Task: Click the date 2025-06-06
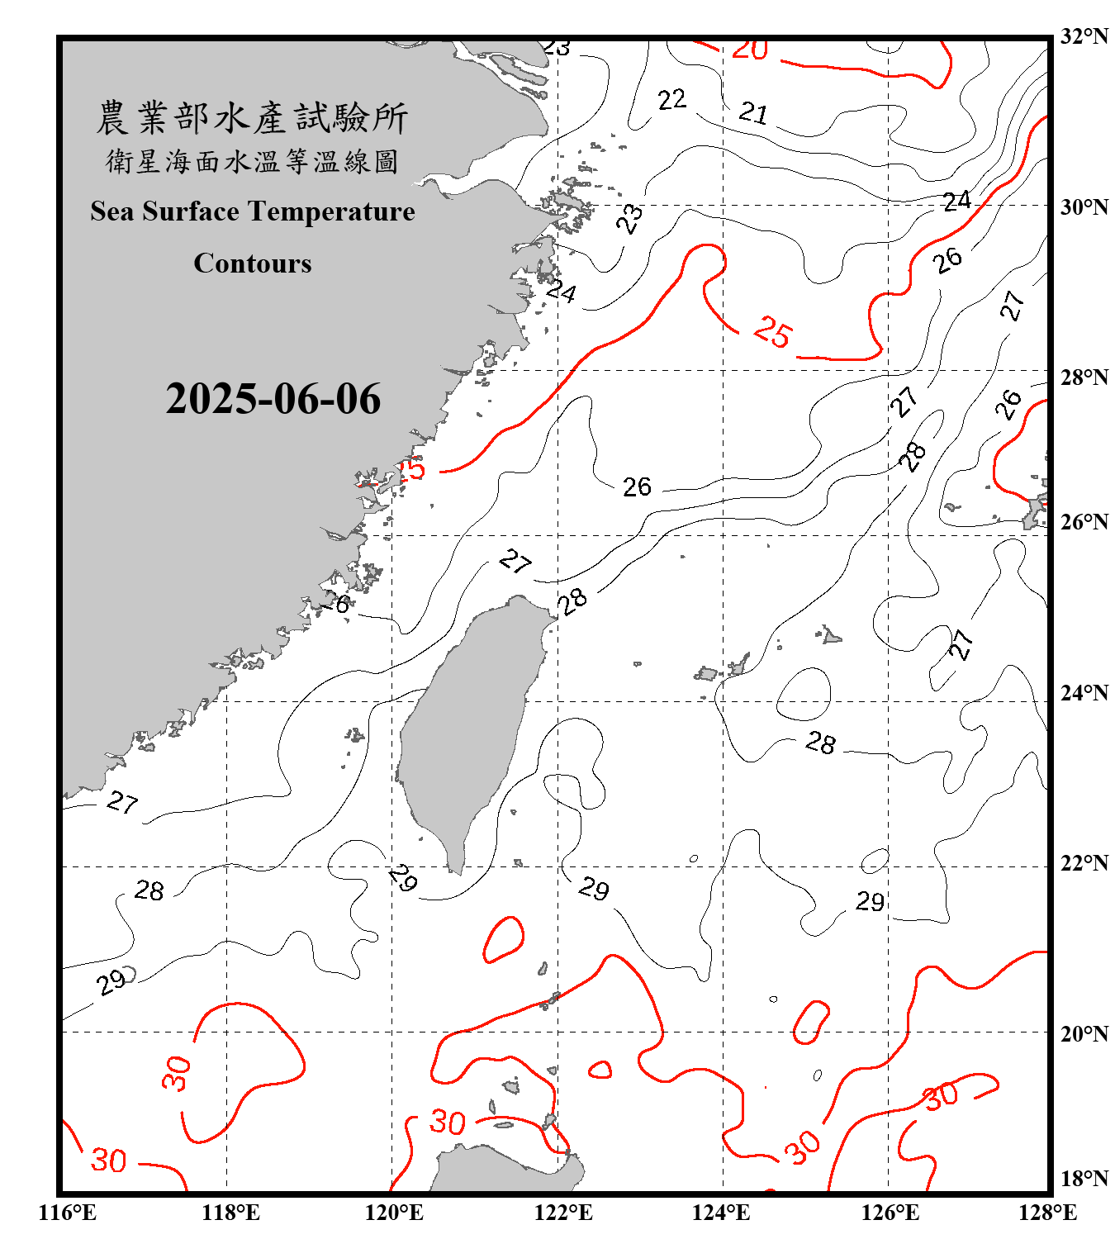[x=273, y=399]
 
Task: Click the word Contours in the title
[x=253, y=263]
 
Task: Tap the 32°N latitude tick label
[x=1084, y=36]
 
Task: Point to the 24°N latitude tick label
[x=1084, y=692]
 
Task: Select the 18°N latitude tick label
[x=1084, y=1178]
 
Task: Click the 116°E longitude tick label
[x=68, y=1213]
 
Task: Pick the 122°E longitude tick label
[x=563, y=1213]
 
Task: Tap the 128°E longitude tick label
[x=1047, y=1213]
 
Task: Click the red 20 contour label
[x=750, y=50]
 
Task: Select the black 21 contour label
[x=753, y=112]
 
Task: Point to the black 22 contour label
[x=672, y=100]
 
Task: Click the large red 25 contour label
[x=773, y=332]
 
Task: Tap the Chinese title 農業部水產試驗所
[x=252, y=118]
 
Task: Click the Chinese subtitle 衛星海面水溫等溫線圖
[x=252, y=161]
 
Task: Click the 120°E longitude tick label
[x=394, y=1213]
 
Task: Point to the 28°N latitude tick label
[x=1084, y=377]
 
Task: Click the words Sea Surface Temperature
[x=253, y=211]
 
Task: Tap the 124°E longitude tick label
[x=721, y=1213]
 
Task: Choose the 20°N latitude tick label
[x=1084, y=1033]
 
